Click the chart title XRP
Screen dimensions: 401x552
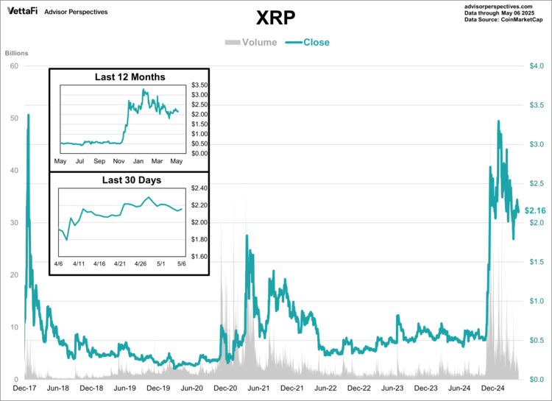pos(276,18)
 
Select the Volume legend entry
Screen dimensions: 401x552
pos(251,42)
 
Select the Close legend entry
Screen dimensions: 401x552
pos(310,42)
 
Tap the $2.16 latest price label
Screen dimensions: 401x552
pos(535,210)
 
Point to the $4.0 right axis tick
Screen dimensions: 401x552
pos(537,66)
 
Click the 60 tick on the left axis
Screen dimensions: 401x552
pos(14,66)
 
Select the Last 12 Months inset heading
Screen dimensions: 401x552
pos(130,77)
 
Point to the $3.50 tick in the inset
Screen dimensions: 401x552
pos(199,85)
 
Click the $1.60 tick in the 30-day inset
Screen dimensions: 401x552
pos(199,258)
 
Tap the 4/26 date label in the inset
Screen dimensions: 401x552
pos(139,263)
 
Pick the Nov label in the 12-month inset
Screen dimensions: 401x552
pos(118,160)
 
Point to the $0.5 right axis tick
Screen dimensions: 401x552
pos(537,340)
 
